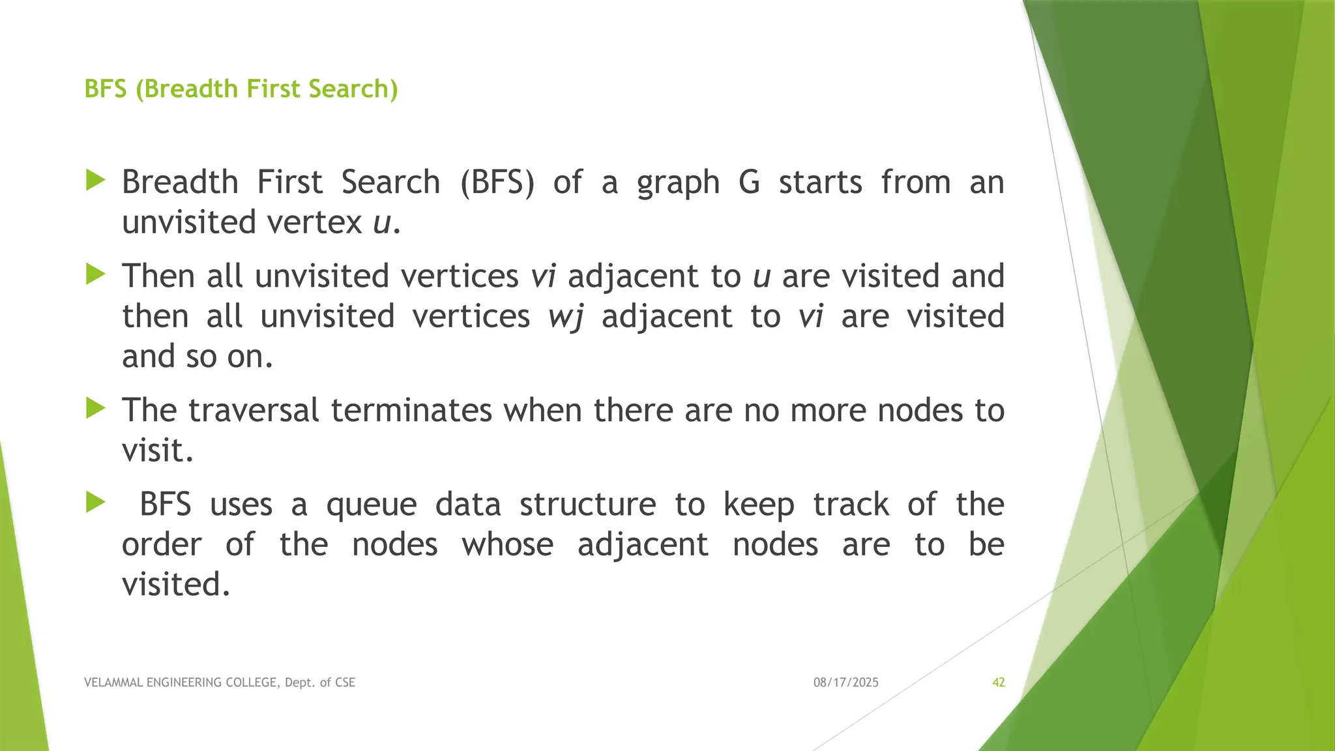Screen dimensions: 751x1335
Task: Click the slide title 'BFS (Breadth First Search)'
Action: pyautogui.click(x=241, y=89)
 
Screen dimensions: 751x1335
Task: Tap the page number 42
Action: pyautogui.click(x=998, y=683)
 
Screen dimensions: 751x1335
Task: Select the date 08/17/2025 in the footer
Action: pyautogui.click(x=845, y=683)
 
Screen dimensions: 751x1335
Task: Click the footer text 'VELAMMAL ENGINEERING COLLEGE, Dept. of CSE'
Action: pyautogui.click(x=220, y=683)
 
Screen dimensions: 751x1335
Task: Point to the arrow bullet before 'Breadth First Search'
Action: pyautogui.click(x=95, y=181)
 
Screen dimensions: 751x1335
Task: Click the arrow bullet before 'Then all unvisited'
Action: pyautogui.click(x=95, y=274)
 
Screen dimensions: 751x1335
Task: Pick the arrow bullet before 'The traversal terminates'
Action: pyautogui.click(x=95, y=409)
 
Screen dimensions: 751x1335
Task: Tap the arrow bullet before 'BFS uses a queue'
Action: pyautogui.click(x=95, y=503)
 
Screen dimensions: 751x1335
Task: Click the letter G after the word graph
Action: pyautogui.click(x=749, y=182)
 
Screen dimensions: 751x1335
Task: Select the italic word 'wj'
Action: pyautogui.click(x=565, y=317)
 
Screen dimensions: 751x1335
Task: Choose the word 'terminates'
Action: pyautogui.click(x=411, y=411)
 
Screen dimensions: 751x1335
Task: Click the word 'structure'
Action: pyautogui.click(x=587, y=505)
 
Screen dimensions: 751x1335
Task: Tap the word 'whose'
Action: pyautogui.click(x=507, y=545)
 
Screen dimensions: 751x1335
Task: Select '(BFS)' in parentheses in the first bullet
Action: pyautogui.click(x=497, y=183)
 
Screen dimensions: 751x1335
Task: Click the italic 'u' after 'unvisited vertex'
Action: pyautogui.click(x=381, y=223)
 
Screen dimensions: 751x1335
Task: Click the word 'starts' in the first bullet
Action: pyautogui.click(x=820, y=183)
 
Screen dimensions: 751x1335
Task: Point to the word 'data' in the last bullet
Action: pyautogui.click(x=468, y=505)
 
